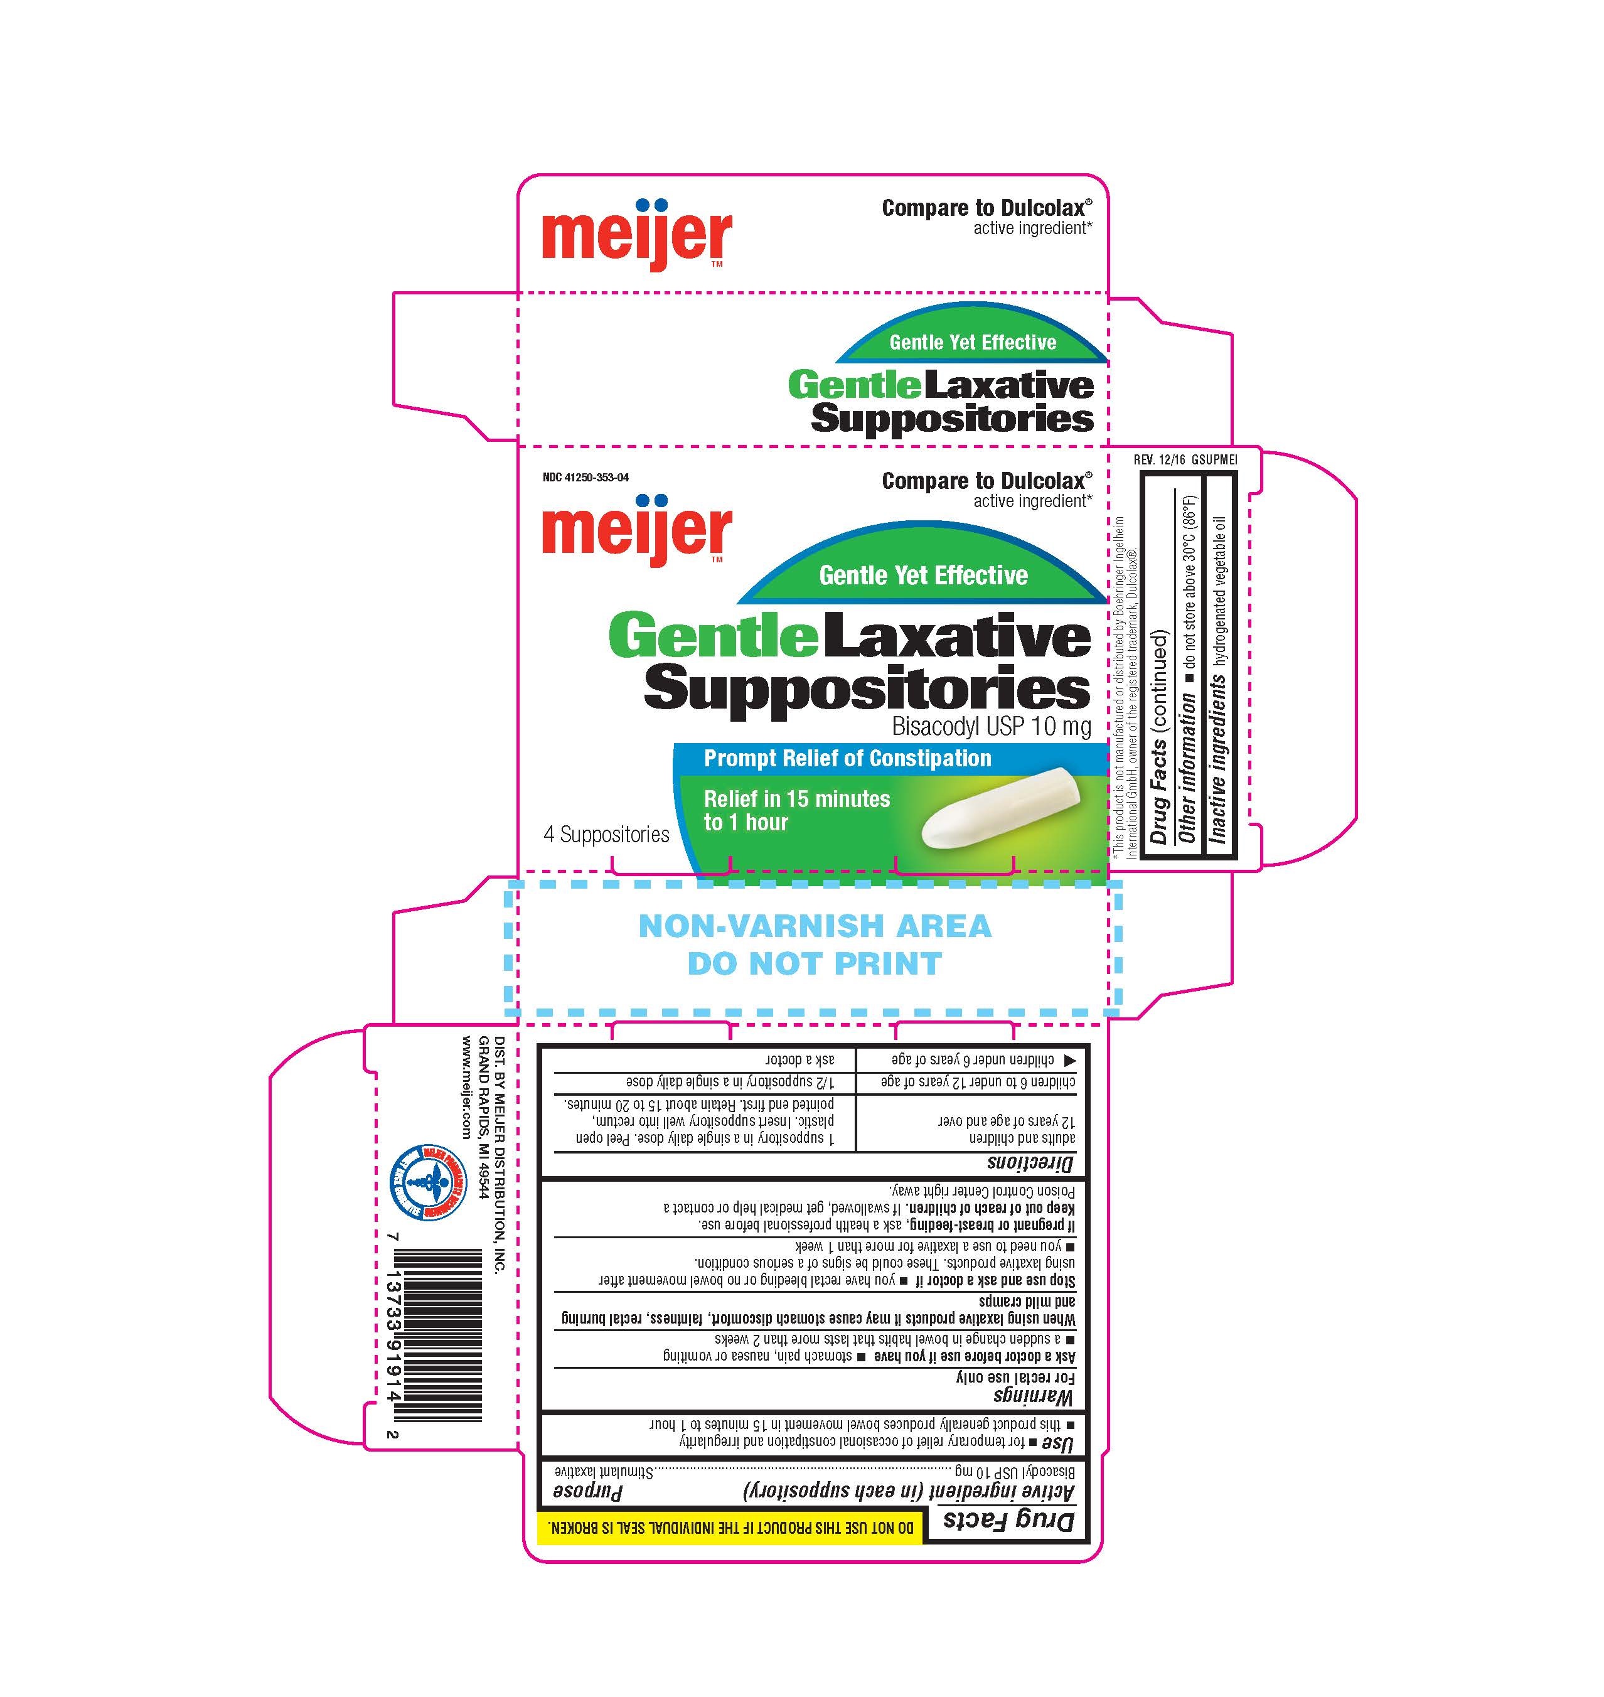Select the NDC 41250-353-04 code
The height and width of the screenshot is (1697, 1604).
click(585, 477)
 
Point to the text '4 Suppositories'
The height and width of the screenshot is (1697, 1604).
click(606, 835)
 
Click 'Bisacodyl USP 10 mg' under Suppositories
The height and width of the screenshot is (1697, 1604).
click(991, 727)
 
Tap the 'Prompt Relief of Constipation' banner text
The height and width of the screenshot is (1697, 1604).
click(847, 758)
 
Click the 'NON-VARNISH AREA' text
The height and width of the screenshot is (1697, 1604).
click(815, 926)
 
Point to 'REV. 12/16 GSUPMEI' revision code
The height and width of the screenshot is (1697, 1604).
click(1185, 459)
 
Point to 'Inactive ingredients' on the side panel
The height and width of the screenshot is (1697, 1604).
click(1219, 758)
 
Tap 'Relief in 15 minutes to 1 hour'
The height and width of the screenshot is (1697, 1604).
click(797, 810)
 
